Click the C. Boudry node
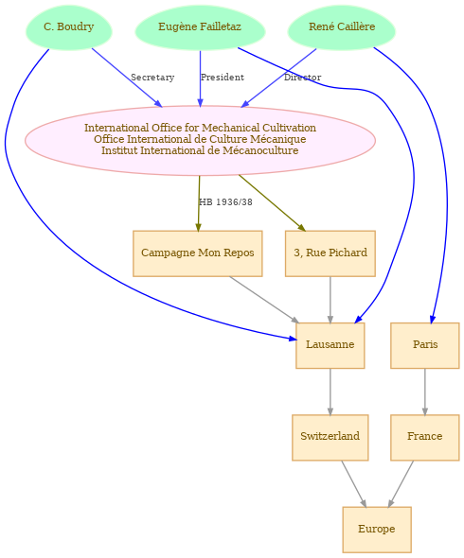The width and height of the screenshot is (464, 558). click(x=69, y=27)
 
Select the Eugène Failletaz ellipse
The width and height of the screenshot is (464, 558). click(x=200, y=27)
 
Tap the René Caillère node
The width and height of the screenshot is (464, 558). click(x=342, y=27)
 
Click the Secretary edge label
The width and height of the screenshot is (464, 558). click(x=152, y=78)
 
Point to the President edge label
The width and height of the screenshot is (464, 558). click(x=223, y=78)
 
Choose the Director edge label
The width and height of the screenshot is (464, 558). click(x=303, y=78)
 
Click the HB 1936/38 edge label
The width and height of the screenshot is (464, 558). click(x=225, y=202)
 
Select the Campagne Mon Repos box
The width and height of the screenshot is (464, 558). click(x=198, y=253)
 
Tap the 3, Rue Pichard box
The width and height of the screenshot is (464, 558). click(x=330, y=253)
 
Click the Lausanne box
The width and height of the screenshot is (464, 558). click(x=330, y=345)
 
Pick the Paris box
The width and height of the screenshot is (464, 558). click(x=425, y=345)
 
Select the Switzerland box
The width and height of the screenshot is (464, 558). click(x=330, y=437)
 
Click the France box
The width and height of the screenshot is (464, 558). click(x=425, y=437)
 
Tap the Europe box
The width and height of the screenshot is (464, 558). click(x=377, y=530)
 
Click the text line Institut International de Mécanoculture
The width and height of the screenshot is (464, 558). click(x=200, y=150)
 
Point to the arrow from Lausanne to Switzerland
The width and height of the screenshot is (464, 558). click(x=330, y=392)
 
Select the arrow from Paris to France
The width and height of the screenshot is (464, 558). click(x=425, y=392)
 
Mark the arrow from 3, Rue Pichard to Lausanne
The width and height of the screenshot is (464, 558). click(x=330, y=300)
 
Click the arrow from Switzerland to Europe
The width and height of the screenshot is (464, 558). click(x=354, y=484)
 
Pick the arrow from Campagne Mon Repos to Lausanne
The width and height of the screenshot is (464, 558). click(x=264, y=300)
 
